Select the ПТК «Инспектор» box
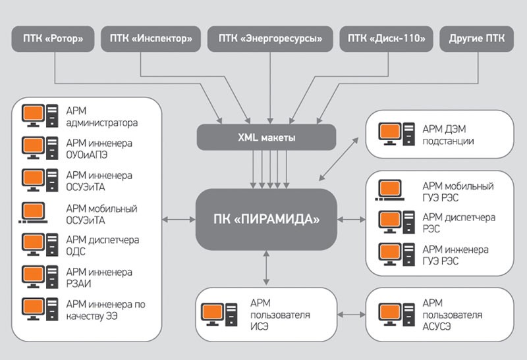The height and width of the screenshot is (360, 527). click(151, 39)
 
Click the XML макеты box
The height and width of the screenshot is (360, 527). click(266, 138)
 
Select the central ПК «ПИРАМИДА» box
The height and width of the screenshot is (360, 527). click(265, 219)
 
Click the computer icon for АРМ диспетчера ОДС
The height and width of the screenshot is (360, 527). click(40, 245)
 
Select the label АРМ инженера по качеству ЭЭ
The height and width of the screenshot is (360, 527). click(105, 310)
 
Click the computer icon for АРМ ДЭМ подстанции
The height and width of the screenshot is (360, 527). click(396, 134)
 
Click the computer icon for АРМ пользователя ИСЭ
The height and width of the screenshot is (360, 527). click(219, 313)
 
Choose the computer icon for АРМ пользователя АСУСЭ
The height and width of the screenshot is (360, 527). click(396, 313)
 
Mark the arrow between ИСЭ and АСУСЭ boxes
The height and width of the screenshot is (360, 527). click(351, 313)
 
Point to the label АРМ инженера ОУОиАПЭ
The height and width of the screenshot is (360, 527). click(99, 149)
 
